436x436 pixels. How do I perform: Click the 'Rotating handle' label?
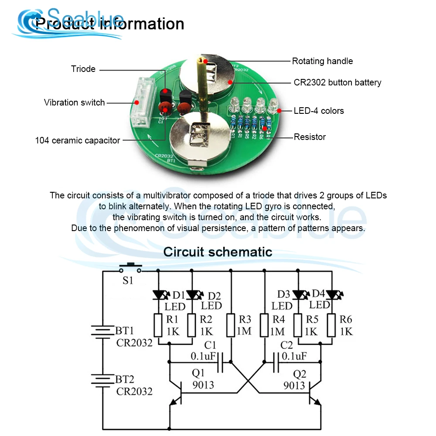[322, 61]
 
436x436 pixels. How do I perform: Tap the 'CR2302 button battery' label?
[337, 82]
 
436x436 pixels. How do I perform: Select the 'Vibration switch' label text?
[75, 102]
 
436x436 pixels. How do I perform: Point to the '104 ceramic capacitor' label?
[78, 140]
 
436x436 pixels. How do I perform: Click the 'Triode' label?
[83, 69]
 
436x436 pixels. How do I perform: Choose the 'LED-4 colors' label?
[319, 111]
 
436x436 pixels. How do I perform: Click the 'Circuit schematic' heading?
[218, 252]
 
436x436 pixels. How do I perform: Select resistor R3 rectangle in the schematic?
[231, 326]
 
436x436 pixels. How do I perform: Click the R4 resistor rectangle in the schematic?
[265, 326]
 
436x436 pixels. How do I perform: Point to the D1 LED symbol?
[158, 295]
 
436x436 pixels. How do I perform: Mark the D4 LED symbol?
[332, 295]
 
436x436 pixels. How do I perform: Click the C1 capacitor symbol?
[221, 362]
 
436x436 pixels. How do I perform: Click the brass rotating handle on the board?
[203, 87]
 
